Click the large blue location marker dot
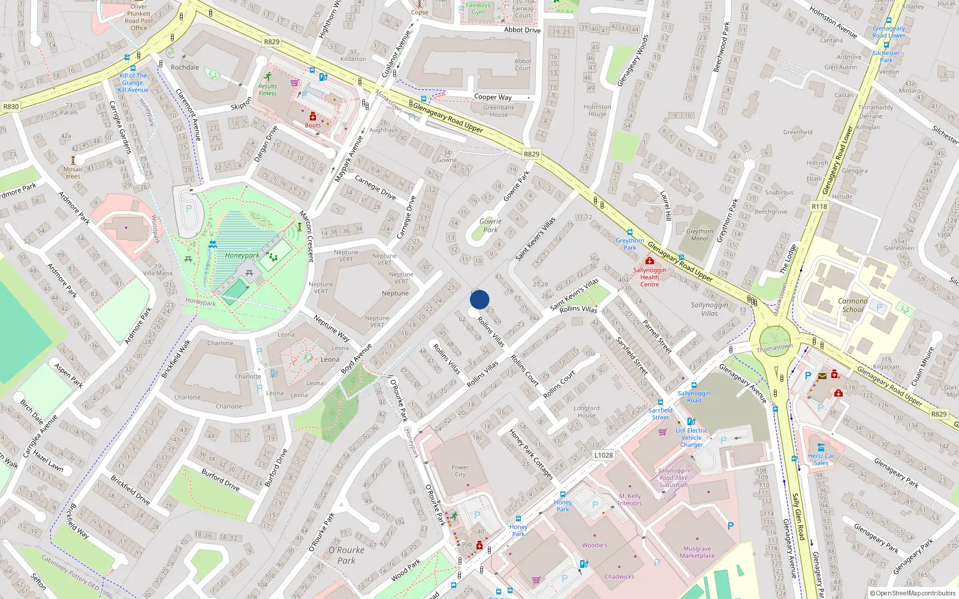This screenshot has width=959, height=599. pyautogui.click(x=479, y=299)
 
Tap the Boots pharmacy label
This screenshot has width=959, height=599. pyautogui.click(x=312, y=125)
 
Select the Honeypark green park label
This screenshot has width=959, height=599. pyautogui.click(x=242, y=256)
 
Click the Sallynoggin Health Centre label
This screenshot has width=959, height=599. pyautogui.click(x=649, y=277)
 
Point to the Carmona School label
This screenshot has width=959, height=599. pyautogui.click(x=853, y=305)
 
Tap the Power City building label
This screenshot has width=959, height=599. pyautogui.click(x=460, y=471)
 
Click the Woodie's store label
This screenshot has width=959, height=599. pyautogui.click(x=595, y=545)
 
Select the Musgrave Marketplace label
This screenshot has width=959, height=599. pyautogui.click(x=697, y=552)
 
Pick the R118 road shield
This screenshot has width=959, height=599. pyautogui.click(x=819, y=206)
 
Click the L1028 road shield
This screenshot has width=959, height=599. pyautogui.click(x=604, y=455)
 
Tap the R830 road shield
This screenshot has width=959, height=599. pyautogui.click(x=11, y=107)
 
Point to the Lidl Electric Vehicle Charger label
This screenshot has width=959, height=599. pyautogui.click(x=691, y=437)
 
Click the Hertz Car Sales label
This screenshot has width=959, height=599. pyautogui.click(x=821, y=459)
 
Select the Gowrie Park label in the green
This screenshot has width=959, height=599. pyautogui.click(x=490, y=225)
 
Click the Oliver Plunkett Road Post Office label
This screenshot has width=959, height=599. pyautogui.click(x=138, y=17)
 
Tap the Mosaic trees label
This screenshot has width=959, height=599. pyautogui.click(x=73, y=173)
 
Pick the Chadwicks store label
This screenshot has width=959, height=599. pyautogui.click(x=619, y=577)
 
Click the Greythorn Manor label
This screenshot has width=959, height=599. pyautogui.click(x=699, y=235)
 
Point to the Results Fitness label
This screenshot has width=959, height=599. pyautogui.click(x=268, y=90)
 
